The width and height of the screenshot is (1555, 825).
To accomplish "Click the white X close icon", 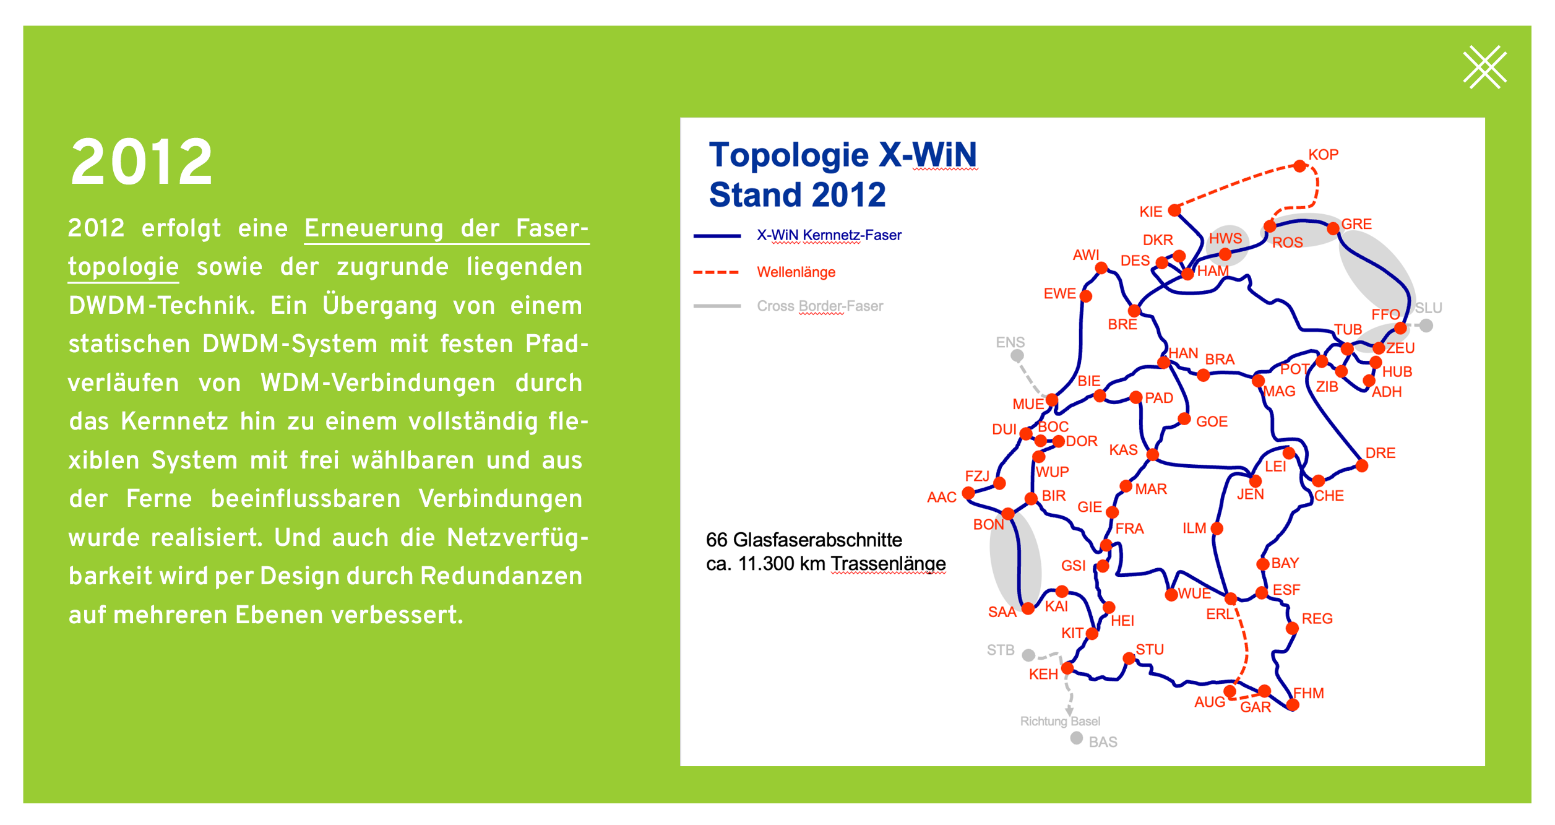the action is click(1484, 67).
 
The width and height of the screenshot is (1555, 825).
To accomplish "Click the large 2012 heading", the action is click(142, 162).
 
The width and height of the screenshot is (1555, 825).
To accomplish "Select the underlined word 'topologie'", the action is click(123, 267).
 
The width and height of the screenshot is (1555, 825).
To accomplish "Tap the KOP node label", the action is click(1323, 155).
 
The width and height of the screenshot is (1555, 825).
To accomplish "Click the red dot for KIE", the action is click(1174, 210).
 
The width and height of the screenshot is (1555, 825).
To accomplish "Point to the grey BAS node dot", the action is click(1077, 738).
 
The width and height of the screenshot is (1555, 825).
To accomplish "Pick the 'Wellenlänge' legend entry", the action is click(796, 272).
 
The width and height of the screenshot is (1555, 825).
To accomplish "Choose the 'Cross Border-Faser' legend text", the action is click(820, 306).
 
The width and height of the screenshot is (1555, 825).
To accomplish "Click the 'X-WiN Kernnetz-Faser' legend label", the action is click(829, 235).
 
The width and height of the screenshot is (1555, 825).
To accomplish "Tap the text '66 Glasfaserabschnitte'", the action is click(804, 540).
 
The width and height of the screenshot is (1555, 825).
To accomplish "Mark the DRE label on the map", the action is click(1380, 453).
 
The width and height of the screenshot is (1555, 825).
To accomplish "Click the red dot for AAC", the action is click(968, 493).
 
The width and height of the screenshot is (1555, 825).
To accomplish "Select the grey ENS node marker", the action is click(1017, 355).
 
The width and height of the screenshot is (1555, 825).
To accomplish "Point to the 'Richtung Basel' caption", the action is click(1060, 721).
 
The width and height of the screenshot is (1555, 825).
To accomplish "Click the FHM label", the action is click(1308, 693).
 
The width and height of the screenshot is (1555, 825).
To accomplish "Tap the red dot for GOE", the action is click(1184, 419).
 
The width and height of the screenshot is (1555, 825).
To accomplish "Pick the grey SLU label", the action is click(1428, 308).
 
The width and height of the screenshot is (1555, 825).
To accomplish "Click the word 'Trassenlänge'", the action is click(888, 564).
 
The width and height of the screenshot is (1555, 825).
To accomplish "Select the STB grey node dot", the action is click(1028, 655).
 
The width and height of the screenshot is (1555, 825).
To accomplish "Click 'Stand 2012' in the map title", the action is click(797, 195).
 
